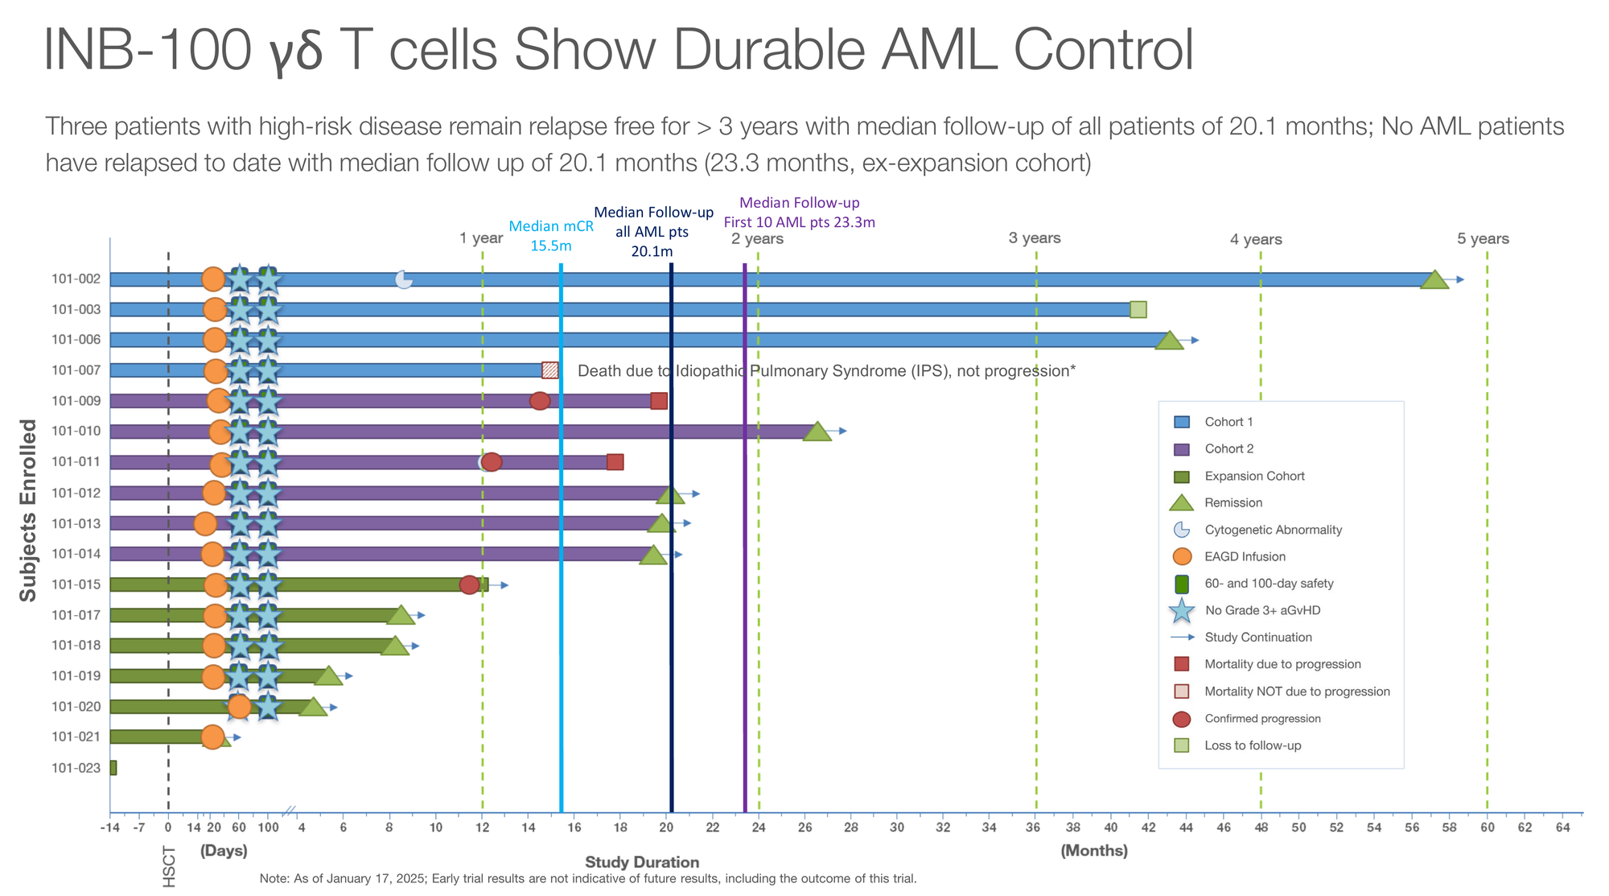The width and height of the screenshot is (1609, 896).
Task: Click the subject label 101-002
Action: click(76, 279)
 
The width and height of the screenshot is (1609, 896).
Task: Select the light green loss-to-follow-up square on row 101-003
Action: click(1138, 310)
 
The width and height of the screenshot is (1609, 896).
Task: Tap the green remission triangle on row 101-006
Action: click(1169, 341)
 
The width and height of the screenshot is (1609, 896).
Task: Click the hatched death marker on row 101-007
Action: click(550, 370)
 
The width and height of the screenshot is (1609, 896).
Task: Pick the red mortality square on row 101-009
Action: click(659, 401)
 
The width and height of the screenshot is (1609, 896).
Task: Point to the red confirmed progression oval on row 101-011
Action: click(492, 462)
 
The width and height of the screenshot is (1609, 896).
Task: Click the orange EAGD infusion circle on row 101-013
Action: click(205, 523)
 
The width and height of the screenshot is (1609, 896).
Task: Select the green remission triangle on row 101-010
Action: click(817, 432)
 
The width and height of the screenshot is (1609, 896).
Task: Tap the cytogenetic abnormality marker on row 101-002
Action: click(404, 279)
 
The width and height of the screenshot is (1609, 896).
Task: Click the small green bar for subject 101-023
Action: click(113, 768)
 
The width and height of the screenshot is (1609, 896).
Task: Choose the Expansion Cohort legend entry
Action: click(1254, 476)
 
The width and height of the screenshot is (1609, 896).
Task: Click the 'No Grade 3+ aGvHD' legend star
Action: click(1181, 610)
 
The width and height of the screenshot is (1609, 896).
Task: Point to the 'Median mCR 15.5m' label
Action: click(551, 236)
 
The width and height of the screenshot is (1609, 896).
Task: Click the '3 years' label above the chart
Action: click(1035, 238)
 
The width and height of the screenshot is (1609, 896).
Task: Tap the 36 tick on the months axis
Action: click(1035, 827)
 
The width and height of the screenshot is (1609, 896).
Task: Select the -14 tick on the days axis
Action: click(109, 827)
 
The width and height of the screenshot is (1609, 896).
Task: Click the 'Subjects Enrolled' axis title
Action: click(28, 510)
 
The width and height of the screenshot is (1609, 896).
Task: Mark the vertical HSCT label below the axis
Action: click(169, 866)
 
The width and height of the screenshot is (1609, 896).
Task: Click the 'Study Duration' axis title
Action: click(642, 862)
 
